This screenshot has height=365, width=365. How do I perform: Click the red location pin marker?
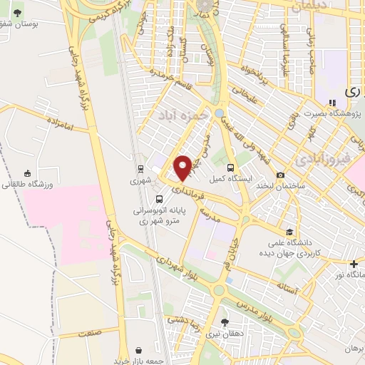pyautogui.click(x=182, y=167)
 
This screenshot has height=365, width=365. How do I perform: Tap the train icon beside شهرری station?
pyautogui.click(x=141, y=170)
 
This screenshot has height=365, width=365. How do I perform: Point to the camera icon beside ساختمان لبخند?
pyautogui.click(x=280, y=175)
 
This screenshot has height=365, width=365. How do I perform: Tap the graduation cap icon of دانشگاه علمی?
pyautogui.click(x=289, y=231)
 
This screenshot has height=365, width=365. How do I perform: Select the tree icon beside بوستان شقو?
pyautogui.click(x=17, y=13)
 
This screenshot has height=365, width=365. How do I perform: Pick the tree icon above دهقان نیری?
pyautogui.click(x=226, y=322)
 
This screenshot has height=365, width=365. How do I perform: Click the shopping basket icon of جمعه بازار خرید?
pyautogui.click(x=138, y=351)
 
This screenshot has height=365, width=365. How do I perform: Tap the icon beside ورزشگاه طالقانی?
pyautogui.click(x=27, y=173)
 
